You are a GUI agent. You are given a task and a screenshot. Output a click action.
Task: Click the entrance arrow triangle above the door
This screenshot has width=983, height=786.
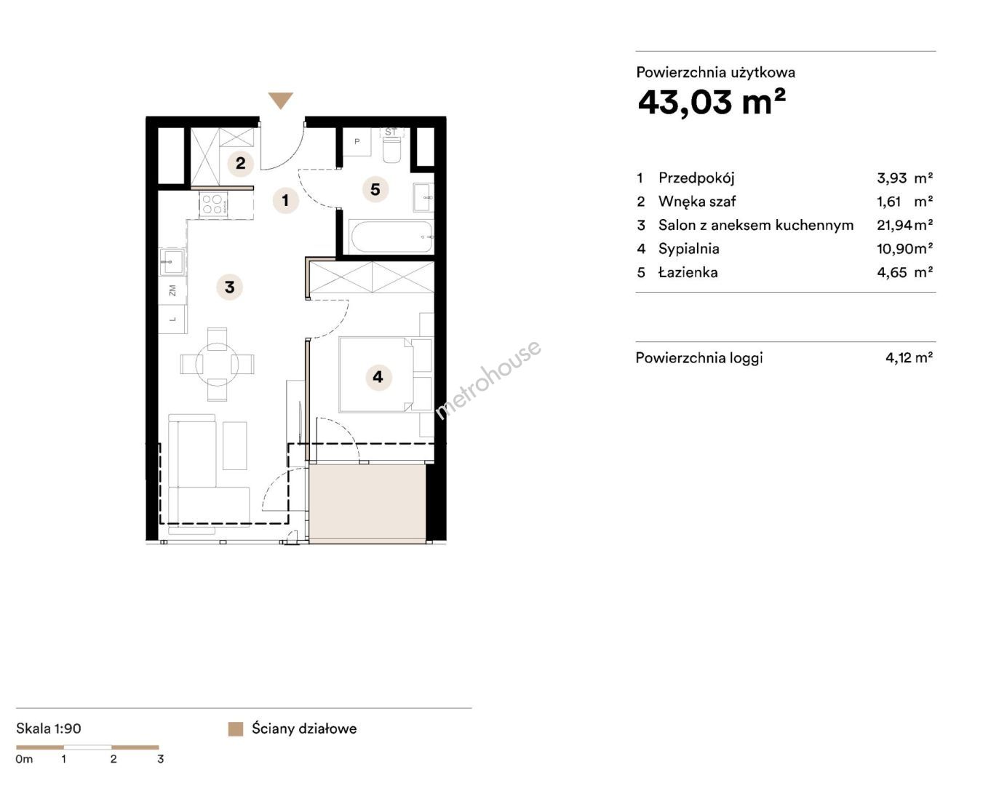tap(280, 100)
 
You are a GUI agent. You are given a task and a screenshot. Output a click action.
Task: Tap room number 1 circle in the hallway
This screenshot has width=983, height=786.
tap(285, 200)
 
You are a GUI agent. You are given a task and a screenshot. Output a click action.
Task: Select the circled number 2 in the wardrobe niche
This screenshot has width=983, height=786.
tap(240, 163)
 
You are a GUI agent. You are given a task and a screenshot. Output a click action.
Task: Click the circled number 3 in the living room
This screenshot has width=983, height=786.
tap(229, 287)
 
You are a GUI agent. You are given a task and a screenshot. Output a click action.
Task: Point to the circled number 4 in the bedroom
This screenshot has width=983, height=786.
tap(378, 376)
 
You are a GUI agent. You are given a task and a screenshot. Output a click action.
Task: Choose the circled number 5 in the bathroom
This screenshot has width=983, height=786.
tap(375, 189)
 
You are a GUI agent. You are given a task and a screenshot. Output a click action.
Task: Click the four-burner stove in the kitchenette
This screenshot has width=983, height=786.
tap(213, 205)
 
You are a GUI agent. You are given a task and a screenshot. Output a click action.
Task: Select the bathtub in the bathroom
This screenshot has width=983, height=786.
tap(391, 237)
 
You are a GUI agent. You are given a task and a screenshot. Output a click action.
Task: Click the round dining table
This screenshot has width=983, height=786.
tap(217, 364)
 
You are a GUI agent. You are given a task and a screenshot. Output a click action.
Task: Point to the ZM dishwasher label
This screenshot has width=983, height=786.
tap(172, 290)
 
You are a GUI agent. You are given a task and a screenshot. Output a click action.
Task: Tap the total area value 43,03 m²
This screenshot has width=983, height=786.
tap(712, 103)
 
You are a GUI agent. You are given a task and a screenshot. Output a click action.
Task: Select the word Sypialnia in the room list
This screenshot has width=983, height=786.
tap(688, 249)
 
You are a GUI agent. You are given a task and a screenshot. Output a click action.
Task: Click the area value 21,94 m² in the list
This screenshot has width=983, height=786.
tap(904, 225)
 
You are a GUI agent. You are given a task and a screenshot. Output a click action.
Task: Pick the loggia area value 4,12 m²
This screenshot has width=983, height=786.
tap(909, 357)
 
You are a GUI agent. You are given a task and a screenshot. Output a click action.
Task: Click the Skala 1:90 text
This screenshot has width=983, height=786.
tap(49, 729)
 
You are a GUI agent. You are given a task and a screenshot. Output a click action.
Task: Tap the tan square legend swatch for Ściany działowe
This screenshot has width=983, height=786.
tap(235, 729)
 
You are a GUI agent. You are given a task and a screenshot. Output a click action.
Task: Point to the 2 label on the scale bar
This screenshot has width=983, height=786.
tap(114, 759)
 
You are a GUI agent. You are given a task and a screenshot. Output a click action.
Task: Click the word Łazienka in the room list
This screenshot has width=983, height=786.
tap(688, 272)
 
